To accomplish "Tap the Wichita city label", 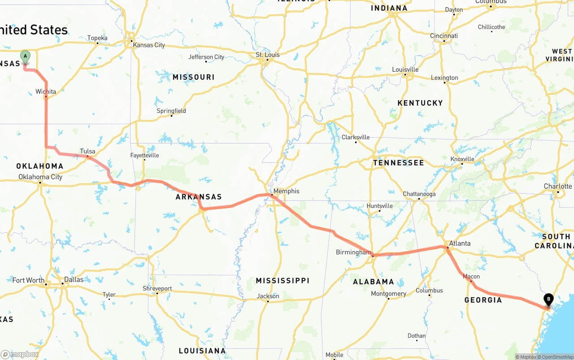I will (x=46, y=91).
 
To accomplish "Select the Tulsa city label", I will (x=87, y=151).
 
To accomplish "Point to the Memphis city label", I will (x=286, y=191).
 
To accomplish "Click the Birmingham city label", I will (x=353, y=252).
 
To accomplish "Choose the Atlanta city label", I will (x=460, y=243).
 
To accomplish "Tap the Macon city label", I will (x=471, y=276).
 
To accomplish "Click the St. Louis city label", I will (x=268, y=55).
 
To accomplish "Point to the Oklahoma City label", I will (x=40, y=177).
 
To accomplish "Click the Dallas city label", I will (x=74, y=279).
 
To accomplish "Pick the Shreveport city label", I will (x=157, y=288).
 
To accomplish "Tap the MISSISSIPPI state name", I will (x=283, y=281).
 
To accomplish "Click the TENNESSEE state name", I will (x=398, y=163).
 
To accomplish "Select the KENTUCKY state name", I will (x=420, y=103).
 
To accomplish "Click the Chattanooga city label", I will (x=419, y=194).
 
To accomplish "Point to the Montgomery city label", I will (x=388, y=294).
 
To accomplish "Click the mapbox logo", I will (x=20, y=354).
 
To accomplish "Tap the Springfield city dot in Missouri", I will (x=171, y=116).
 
